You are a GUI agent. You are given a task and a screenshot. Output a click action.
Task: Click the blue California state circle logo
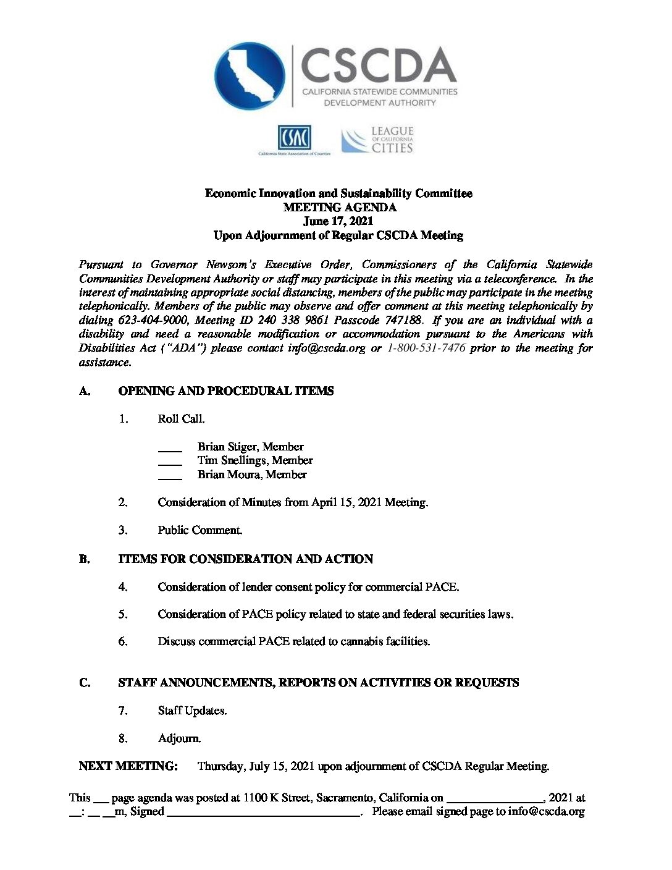[250, 76]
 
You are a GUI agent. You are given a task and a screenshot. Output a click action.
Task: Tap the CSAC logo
[294, 140]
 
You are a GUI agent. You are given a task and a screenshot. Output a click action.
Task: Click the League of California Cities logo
[377, 140]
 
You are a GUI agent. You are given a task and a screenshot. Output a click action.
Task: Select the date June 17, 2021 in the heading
[338, 221]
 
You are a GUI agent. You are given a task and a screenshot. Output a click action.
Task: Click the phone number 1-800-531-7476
[426, 348]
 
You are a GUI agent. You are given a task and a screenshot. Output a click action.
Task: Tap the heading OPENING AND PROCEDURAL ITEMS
[225, 391]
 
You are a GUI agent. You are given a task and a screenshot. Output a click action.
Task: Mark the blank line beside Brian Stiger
[170, 447]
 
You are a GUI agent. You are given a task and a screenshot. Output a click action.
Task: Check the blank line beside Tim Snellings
[170, 461]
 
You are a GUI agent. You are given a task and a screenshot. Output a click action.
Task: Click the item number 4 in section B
[124, 587]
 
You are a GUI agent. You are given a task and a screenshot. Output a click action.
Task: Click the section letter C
[85, 683]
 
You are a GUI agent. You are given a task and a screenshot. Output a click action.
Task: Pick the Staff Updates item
[192, 711]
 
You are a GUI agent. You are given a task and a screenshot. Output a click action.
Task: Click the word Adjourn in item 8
[179, 738]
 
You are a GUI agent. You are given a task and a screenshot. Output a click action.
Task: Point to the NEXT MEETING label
[128, 766]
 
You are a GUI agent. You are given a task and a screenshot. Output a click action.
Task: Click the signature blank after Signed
[264, 813]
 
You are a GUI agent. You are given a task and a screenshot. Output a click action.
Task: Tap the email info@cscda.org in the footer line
[546, 812]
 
